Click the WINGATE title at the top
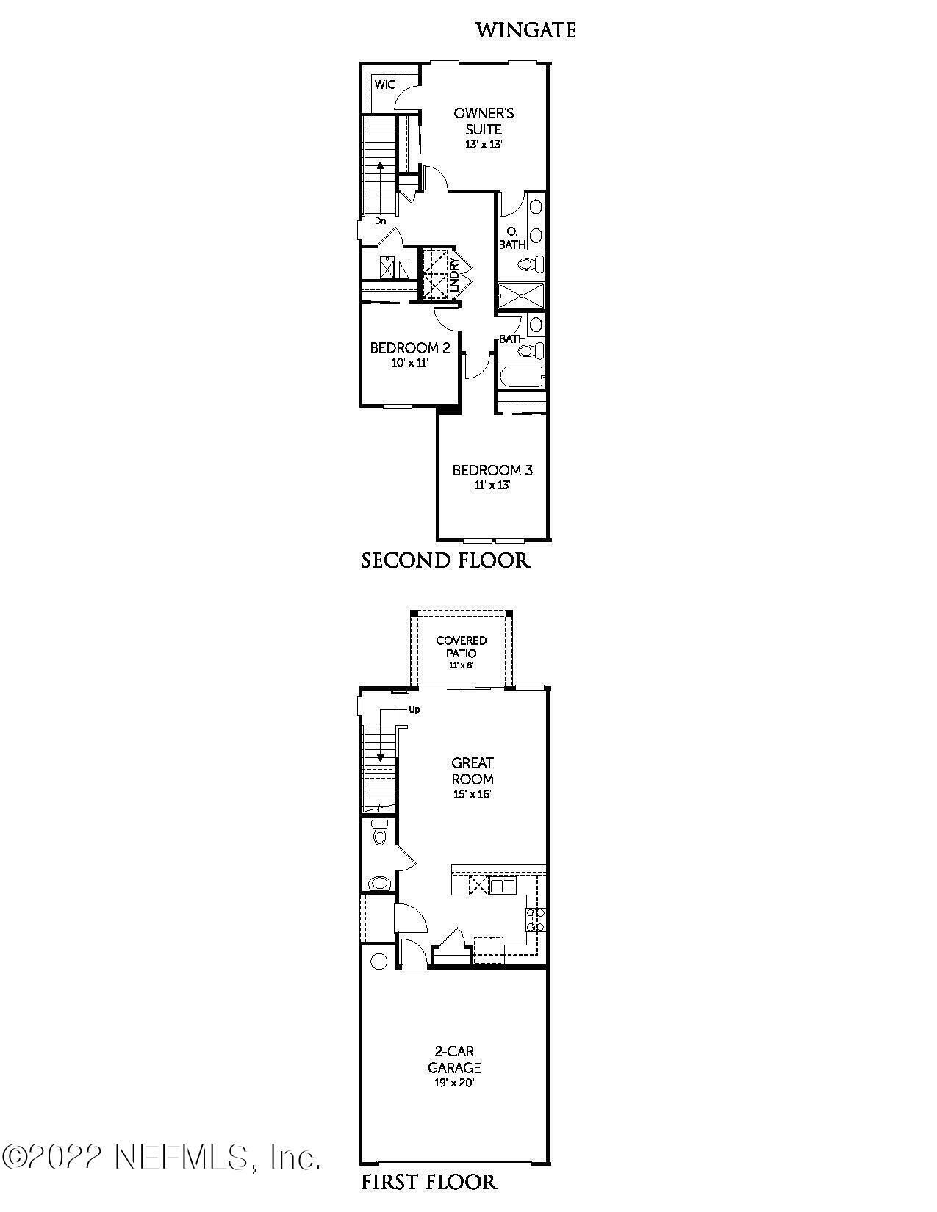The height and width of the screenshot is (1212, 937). [525, 30]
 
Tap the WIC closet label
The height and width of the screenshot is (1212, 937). [385, 84]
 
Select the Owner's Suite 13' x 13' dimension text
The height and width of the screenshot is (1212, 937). [484, 145]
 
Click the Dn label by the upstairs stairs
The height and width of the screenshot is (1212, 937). [380, 220]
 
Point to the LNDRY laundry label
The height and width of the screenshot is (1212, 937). [454, 273]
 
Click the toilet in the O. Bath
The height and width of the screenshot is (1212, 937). [530, 264]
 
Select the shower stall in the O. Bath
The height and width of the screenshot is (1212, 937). [522, 296]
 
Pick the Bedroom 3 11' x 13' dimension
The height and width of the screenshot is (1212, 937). [492, 485]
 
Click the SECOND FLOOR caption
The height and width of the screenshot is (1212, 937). [445, 561]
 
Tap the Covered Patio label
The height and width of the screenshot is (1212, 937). [461, 646]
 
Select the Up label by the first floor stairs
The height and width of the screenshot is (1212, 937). [414, 710]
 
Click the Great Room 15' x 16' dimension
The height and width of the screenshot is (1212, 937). [473, 795]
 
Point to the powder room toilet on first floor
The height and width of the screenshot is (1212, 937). [380, 834]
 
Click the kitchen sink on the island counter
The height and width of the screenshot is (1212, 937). [503, 886]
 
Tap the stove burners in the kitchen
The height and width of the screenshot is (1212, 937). [536, 920]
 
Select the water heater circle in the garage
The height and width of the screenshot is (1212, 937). [379, 962]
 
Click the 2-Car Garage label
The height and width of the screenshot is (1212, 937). [454, 1059]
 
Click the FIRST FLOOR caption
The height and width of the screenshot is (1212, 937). [429, 1182]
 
